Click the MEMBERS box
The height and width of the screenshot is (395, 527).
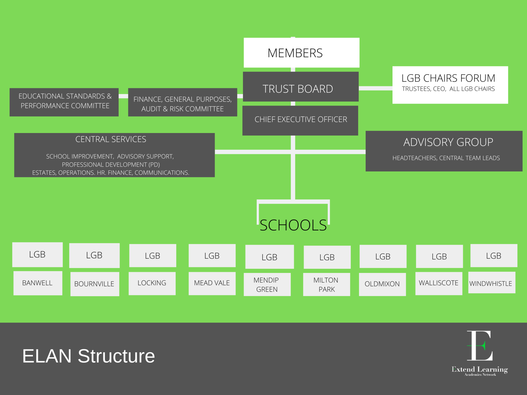[x=301, y=53]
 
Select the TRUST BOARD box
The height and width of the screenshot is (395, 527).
[x=301, y=87]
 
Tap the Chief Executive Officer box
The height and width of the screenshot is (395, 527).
[x=300, y=120]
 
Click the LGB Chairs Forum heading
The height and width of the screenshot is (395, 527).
[x=448, y=78]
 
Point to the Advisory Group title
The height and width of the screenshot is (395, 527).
[x=448, y=142]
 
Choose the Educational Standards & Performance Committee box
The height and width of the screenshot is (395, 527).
[x=64, y=102]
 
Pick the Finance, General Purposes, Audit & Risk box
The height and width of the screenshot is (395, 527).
[x=183, y=102]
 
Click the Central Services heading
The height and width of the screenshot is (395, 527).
[x=111, y=139]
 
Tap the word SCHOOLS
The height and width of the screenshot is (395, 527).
[x=293, y=225]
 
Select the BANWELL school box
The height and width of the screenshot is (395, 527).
[x=38, y=283]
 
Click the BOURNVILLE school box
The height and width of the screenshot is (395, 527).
[x=95, y=284]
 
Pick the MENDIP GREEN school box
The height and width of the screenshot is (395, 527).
[x=267, y=284]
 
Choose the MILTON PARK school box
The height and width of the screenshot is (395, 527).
[x=326, y=284]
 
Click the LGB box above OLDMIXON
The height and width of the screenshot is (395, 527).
[x=383, y=256]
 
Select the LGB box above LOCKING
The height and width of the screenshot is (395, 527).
[x=153, y=256]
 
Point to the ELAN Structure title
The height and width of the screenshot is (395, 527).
[x=88, y=356]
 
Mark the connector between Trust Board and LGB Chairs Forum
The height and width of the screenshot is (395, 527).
[x=375, y=88]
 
